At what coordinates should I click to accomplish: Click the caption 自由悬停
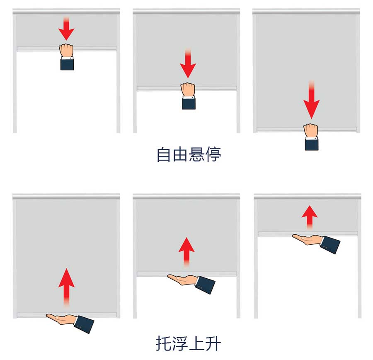189,155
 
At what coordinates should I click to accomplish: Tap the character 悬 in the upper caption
197,155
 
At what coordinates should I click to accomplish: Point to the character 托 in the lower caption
164,343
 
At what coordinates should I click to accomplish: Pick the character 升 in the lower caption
213,343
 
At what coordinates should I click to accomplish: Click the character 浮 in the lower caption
180,343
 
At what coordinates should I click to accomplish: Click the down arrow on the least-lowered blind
66,28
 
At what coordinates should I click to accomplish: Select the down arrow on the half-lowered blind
188,63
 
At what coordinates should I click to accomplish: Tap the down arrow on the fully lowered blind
311,100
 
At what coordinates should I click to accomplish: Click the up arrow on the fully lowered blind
66,287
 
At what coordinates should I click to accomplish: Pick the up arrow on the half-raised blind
186,252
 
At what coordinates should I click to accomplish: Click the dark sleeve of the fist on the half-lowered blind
189,104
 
